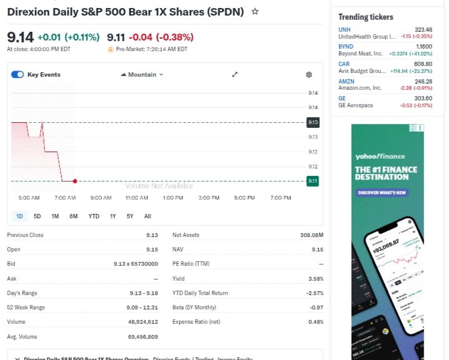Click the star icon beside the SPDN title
point(255,12)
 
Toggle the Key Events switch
point(17,75)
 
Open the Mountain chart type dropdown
point(142,75)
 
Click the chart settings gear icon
point(308,75)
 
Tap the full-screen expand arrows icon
point(235,75)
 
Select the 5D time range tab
point(37,216)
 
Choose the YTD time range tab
point(94,216)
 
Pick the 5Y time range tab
point(130,216)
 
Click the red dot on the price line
point(75,181)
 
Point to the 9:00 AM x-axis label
point(101,198)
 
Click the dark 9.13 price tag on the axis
point(313,122)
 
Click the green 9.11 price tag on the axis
point(313,181)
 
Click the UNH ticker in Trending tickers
point(345,30)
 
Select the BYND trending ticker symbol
point(346,47)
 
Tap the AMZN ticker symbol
point(347,82)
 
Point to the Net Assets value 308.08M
point(312,235)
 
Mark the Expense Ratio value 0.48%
point(316,322)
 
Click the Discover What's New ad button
point(382,193)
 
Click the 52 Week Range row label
point(26,308)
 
